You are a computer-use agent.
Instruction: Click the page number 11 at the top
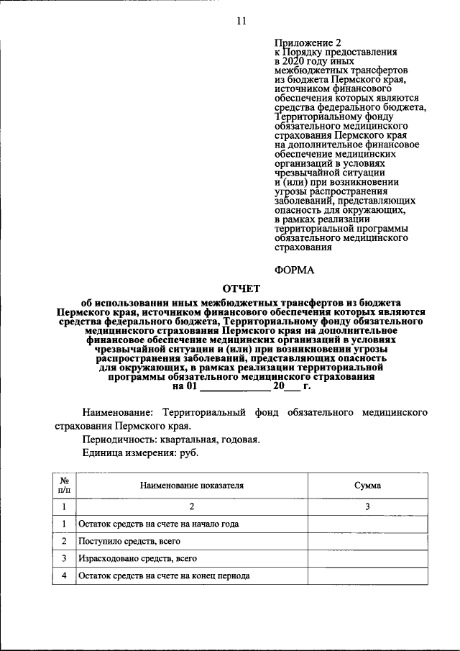click(x=241, y=21)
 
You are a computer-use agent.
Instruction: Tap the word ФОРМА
click(x=295, y=271)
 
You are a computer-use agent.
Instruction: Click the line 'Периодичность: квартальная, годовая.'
click(x=171, y=440)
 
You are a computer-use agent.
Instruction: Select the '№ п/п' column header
click(x=64, y=486)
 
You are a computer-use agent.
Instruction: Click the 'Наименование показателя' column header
click(x=192, y=486)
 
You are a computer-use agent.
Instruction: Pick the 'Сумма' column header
click(x=367, y=486)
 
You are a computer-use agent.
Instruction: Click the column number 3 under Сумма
click(x=367, y=507)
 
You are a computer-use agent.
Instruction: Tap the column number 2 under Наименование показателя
click(x=192, y=507)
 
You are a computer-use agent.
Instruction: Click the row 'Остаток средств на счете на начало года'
click(x=159, y=524)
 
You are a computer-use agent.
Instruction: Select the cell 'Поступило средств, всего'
click(x=129, y=541)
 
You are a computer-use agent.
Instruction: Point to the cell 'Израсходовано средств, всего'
click(x=138, y=558)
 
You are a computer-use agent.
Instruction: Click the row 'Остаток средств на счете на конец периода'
click(x=164, y=575)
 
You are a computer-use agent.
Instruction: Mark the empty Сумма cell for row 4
click(x=367, y=575)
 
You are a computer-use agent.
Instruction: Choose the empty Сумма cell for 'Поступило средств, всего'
click(x=367, y=541)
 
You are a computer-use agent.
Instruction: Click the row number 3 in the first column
click(x=64, y=558)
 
